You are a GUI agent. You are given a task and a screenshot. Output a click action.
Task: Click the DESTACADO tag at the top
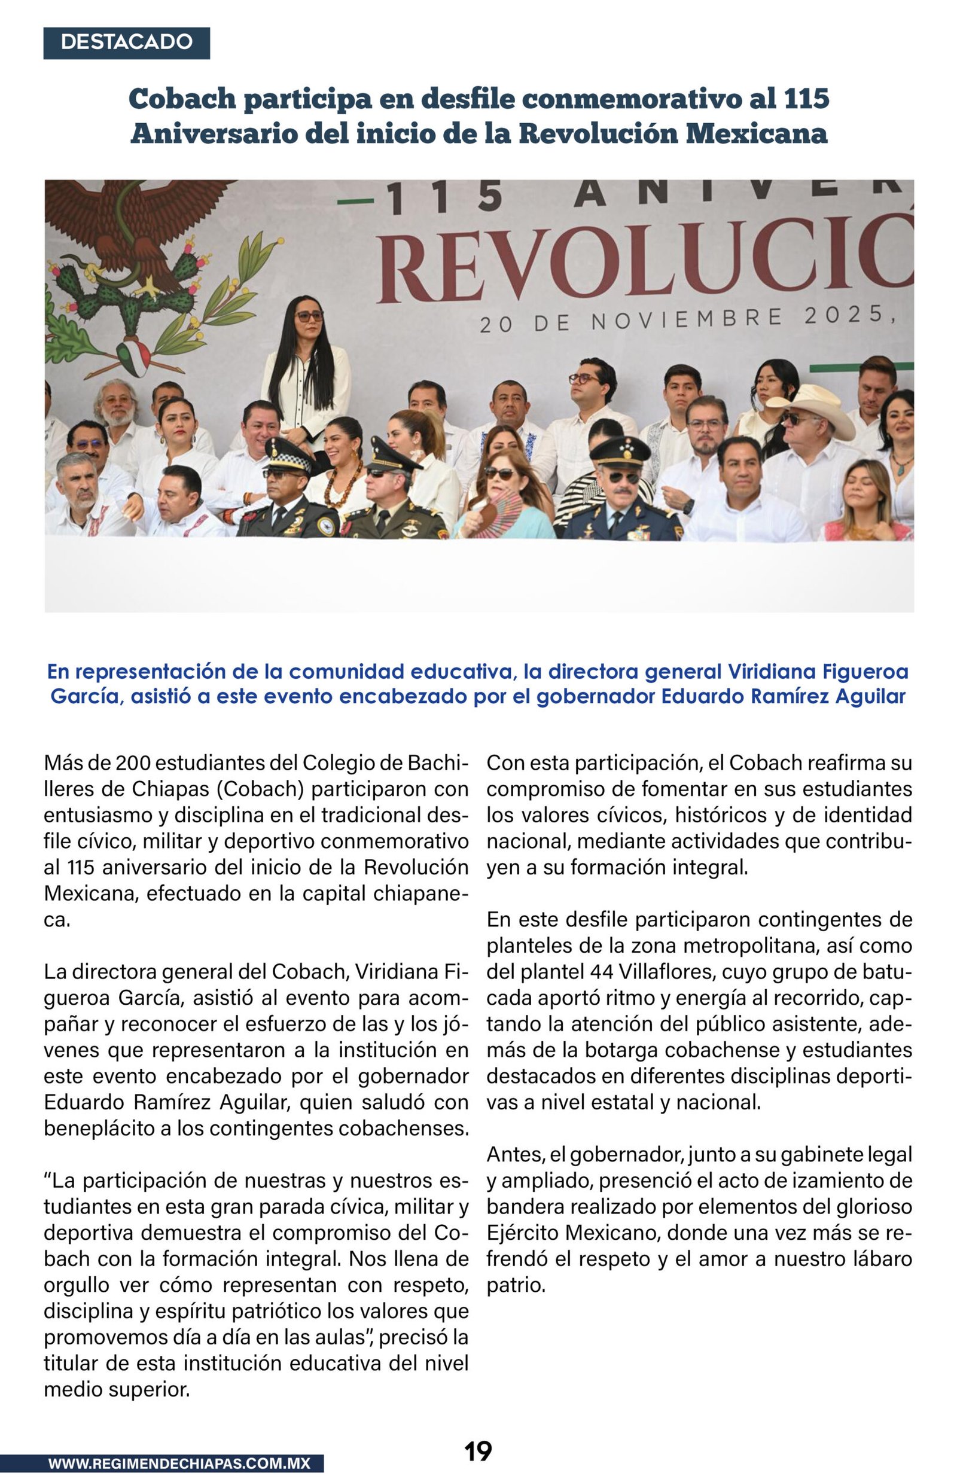point(126,42)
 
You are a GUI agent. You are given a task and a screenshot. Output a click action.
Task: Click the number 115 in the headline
point(806,98)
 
